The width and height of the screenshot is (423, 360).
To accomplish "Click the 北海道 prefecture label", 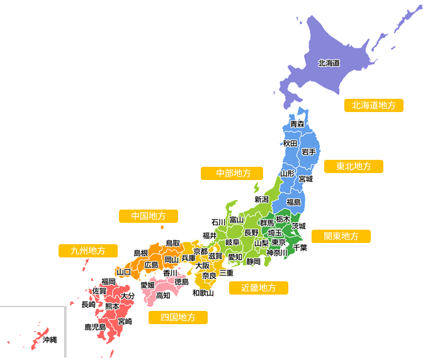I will coord(329,63).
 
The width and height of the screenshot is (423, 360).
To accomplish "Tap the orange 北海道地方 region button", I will coord(373,105).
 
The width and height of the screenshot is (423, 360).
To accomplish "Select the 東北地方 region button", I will coord(353,167).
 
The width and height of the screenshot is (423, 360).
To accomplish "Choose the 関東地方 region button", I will coord(341,236).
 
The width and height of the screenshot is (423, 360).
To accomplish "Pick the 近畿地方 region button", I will coord(259,288).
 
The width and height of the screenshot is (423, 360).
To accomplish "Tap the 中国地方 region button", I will coord(148,216).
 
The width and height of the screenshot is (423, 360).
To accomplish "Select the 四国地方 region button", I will coord(178,317).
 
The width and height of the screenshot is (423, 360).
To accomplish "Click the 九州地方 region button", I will coord(88,250).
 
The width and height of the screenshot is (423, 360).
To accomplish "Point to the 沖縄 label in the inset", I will coord(49,340).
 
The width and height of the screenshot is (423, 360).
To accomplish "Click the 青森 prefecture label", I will coord(297,124).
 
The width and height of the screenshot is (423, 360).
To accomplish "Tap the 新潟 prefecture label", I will coord(262,200).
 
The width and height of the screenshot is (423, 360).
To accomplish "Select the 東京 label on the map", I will coord(279,242).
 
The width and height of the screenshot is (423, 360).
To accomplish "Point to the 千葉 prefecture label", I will coord(300,248).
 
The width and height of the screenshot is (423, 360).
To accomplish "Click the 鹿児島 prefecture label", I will coord(95,327).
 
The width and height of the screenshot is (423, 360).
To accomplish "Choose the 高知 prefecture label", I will coord(163,295).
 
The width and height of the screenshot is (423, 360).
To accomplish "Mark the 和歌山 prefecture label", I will coord(203,293).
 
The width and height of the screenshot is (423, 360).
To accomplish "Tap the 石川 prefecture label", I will coord(218,222).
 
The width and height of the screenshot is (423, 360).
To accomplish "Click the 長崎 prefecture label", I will coord(89,305).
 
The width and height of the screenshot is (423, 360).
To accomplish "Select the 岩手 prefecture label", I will coord(308,152).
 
